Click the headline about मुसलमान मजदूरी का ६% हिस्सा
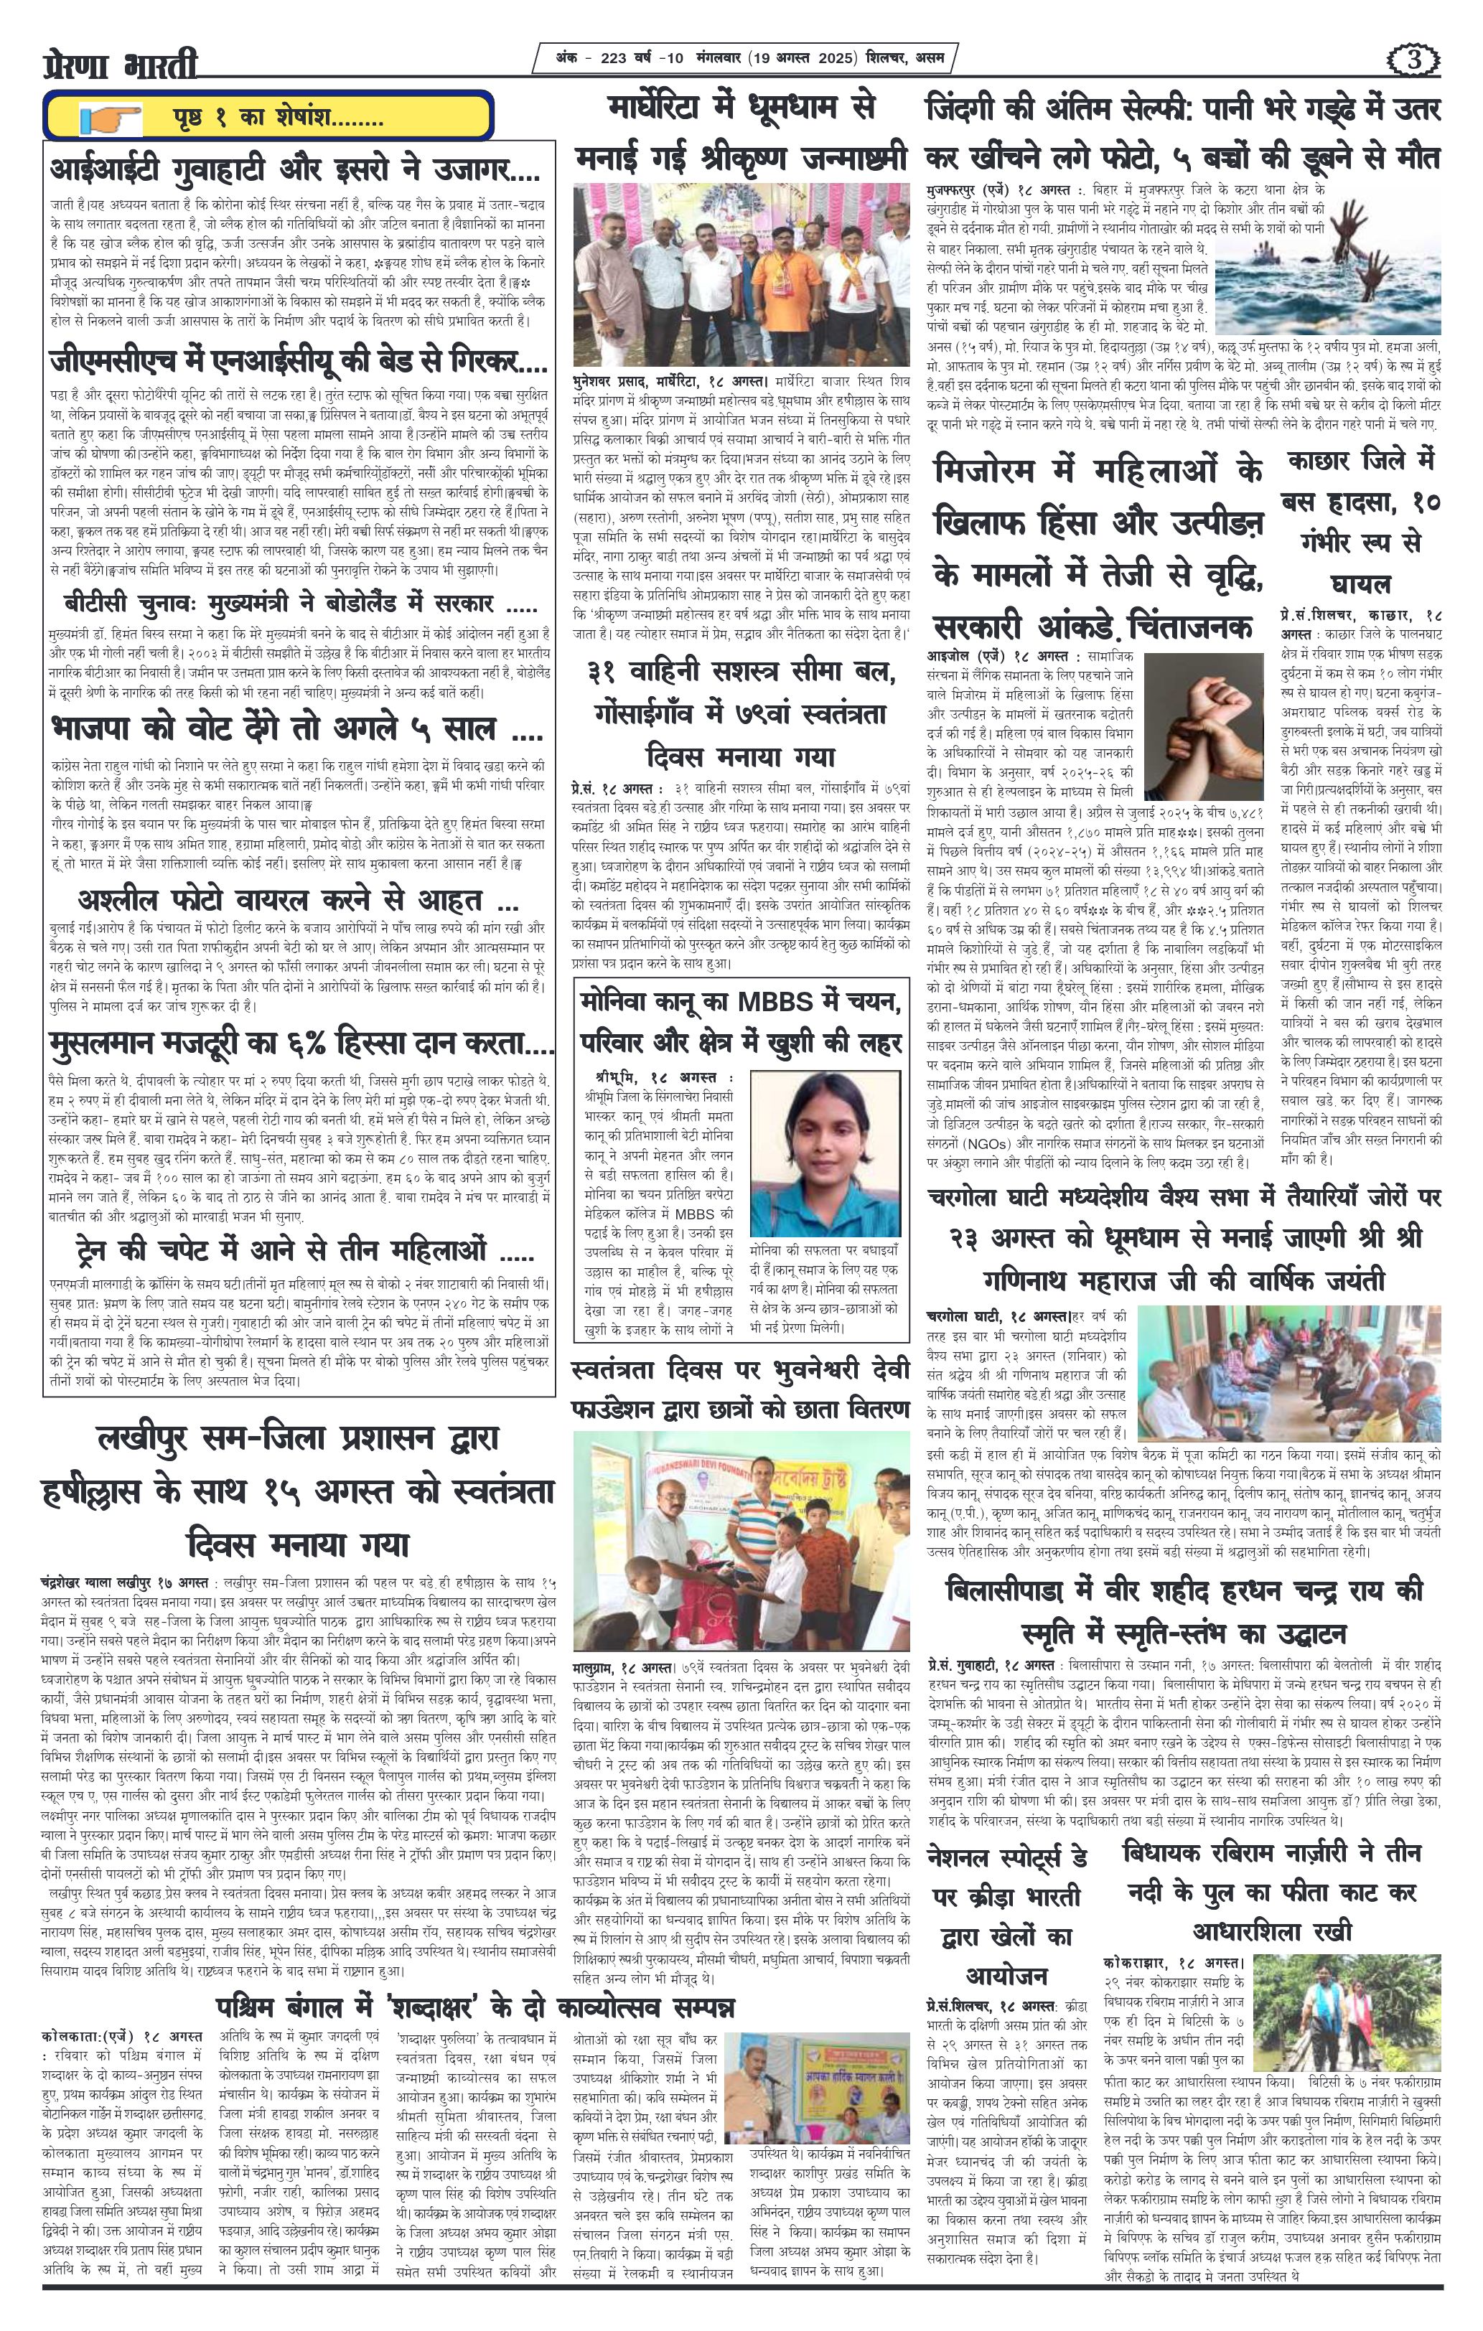pyautogui.click(x=300, y=1046)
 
